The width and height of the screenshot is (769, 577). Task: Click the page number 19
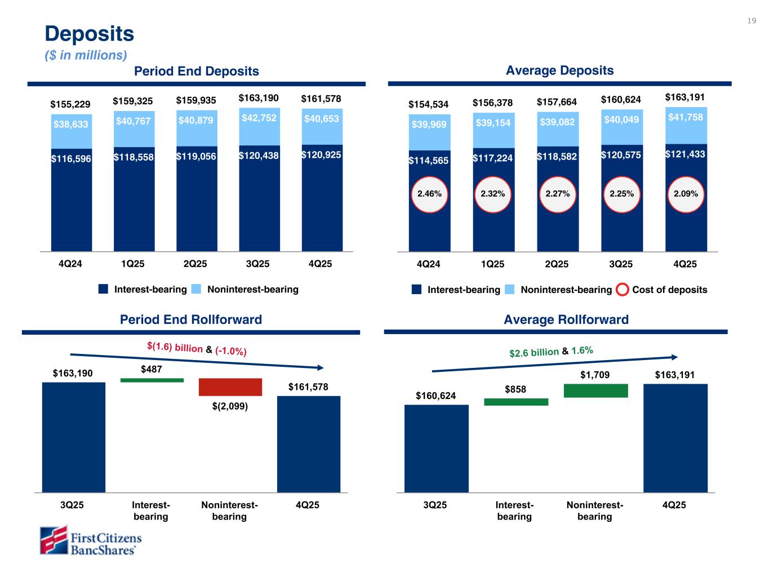tap(752, 21)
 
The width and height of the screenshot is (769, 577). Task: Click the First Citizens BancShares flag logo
tap(54, 540)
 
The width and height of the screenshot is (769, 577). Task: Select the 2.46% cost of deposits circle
tap(429, 194)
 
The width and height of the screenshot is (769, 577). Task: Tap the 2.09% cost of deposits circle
tap(686, 194)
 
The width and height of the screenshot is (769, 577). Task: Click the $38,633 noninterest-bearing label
tap(71, 124)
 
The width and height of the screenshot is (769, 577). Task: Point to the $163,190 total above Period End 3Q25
tap(258, 98)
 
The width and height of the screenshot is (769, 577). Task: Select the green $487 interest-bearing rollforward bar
tap(152, 380)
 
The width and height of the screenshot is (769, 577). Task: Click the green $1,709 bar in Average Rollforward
tap(595, 390)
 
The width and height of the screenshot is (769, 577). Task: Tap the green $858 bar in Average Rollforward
tap(515, 402)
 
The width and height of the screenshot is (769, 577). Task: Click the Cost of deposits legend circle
tap(622, 290)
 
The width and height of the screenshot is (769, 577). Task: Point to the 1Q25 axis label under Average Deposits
tap(492, 264)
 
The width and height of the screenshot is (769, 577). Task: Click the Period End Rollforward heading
tap(191, 319)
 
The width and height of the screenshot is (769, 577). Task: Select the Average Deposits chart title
tap(559, 70)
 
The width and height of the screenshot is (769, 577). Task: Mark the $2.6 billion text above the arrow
tap(534, 353)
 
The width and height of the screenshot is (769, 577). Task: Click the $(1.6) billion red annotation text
tap(175, 348)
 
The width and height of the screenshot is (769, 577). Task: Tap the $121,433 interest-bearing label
tap(685, 154)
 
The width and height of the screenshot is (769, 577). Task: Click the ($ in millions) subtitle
tap(86, 55)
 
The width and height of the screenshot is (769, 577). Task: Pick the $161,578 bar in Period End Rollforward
tap(308, 444)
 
